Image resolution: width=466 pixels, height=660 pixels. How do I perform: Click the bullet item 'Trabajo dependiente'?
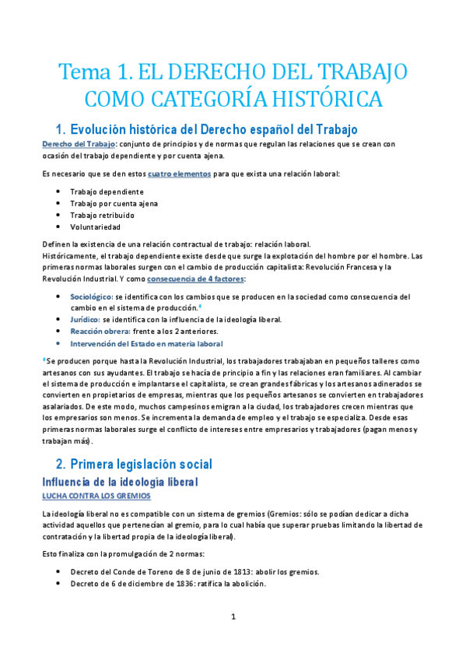pos(107,191)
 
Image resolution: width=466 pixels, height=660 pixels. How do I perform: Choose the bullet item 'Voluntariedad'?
pos(95,227)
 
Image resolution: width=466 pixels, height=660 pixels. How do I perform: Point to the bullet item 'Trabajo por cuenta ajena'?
pos(114,203)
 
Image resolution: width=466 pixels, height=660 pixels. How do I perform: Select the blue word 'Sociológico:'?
pos(91,297)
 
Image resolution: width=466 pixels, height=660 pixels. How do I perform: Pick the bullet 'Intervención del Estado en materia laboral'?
pos(146,343)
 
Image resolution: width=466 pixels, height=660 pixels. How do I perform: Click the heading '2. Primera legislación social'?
pos(140,465)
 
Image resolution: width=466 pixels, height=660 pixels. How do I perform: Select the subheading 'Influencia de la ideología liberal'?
pos(120,483)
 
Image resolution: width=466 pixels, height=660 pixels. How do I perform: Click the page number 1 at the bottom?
pos(233,617)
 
